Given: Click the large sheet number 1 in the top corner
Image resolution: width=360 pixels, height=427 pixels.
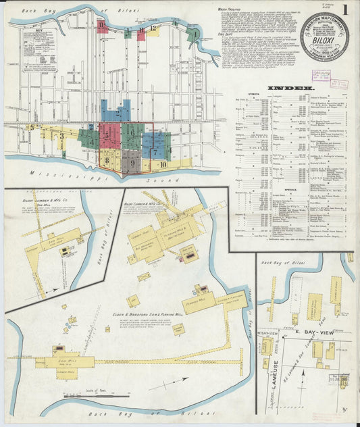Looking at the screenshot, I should [345, 10].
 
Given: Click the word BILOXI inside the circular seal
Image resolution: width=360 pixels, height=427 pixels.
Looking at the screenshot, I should [324, 39].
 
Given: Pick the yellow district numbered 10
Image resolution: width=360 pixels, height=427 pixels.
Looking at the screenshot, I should [163, 164].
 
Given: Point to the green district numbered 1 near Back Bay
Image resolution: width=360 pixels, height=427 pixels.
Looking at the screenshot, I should [195, 32].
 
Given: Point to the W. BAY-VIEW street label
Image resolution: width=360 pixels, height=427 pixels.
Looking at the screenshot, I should [267, 333].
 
